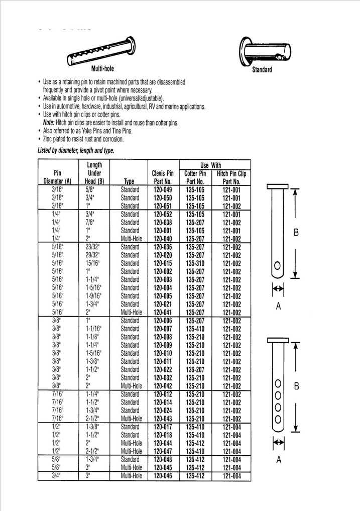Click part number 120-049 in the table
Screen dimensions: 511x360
[x=162, y=190]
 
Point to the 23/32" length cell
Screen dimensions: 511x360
[x=92, y=247]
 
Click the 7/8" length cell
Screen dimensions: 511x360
[x=90, y=222]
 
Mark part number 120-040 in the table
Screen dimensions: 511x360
[x=162, y=238]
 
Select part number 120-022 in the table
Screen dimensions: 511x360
[x=162, y=368]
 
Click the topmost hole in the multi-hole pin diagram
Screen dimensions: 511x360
[x=277, y=385]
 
